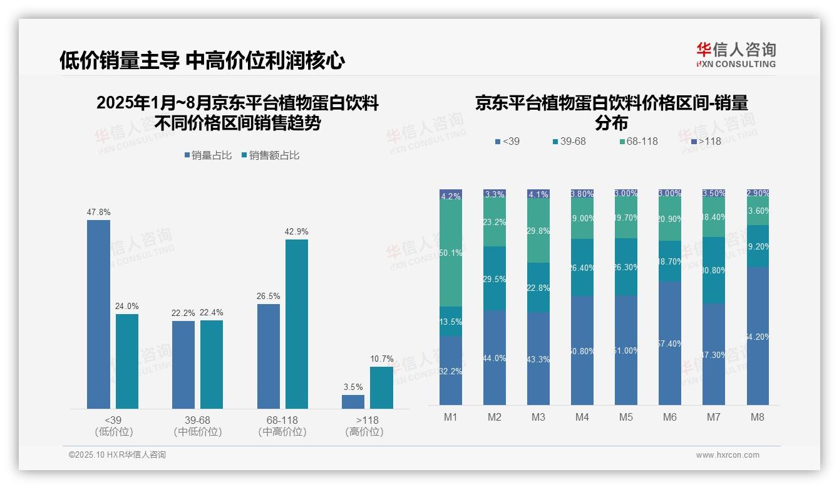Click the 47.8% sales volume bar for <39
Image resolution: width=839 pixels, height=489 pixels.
pos(98,313)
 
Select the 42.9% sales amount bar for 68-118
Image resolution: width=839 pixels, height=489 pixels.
pos(297,323)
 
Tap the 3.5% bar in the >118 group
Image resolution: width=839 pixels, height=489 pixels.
pos(353,401)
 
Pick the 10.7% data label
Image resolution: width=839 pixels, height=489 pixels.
pos(382,359)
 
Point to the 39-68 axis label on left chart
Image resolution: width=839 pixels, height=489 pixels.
pos(197,420)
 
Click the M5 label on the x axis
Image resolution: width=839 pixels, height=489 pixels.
pos(626,417)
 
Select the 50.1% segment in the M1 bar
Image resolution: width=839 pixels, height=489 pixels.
pos(451,253)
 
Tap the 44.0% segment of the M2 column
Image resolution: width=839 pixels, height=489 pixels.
pos(495,357)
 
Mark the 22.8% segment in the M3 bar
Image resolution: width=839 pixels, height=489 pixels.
pos(538,288)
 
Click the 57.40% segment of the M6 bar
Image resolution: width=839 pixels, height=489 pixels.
pos(670,343)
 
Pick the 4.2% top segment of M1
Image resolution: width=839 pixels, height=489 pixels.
pos(451,195)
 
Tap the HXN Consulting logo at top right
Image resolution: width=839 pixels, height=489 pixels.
pos(736,55)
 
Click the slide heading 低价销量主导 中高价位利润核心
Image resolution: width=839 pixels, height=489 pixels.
pos(202,61)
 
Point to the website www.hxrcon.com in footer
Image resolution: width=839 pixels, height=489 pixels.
pos(728,455)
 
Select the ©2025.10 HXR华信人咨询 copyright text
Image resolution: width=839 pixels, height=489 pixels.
pos(117,455)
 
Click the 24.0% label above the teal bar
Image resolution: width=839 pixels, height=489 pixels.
pos(127,307)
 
